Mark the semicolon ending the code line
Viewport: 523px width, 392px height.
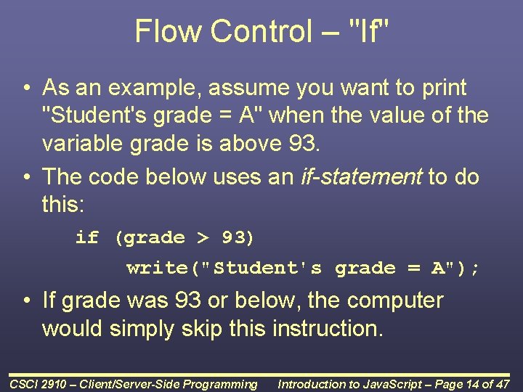tap(474, 268)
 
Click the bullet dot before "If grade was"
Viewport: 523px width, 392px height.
tap(25, 301)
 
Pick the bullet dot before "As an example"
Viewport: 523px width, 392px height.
tap(25, 89)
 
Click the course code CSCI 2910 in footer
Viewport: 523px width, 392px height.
tap(39, 384)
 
